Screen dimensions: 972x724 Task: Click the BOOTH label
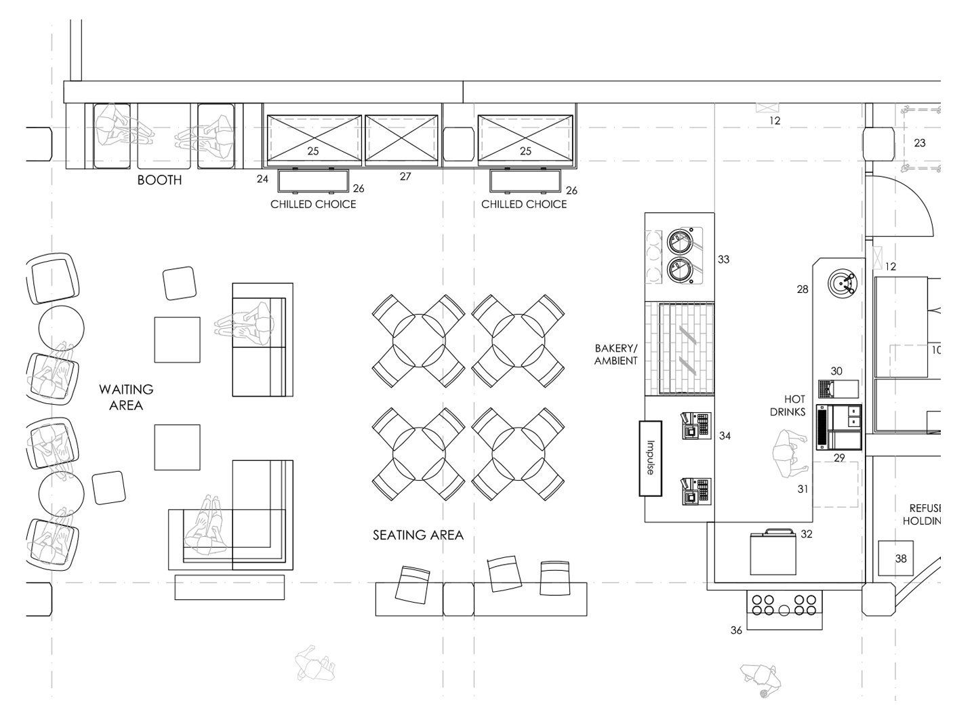click(x=159, y=180)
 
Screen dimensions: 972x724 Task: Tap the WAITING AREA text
click(x=126, y=397)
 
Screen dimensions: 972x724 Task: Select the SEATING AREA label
click(x=418, y=535)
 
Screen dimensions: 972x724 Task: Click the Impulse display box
click(x=650, y=458)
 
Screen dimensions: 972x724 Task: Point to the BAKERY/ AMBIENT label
click(x=616, y=355)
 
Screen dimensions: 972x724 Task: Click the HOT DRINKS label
click(x=788, y=405)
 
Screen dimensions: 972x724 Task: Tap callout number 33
click(x=723, y=260)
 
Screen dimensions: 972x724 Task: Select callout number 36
click(x=736, y=630)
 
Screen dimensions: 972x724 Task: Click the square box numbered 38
click(x=896, y=558)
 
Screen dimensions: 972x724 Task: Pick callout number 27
click(x=405, y=176)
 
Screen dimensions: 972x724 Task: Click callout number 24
click(x=262, y=179)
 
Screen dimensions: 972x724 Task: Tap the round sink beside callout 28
click(x=842, y=283)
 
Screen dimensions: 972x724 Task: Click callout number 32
click(x=807, y=534)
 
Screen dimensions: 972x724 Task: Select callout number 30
click(x=836, y=371)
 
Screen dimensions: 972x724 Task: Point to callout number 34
click(x=725, y=436)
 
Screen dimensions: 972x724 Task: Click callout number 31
click(x=803, y=489)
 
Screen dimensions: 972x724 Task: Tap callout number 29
click(x=838, y=458)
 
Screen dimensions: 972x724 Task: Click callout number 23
click(x=919, y=143)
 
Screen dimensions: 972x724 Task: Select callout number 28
click(x=803, y=289)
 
